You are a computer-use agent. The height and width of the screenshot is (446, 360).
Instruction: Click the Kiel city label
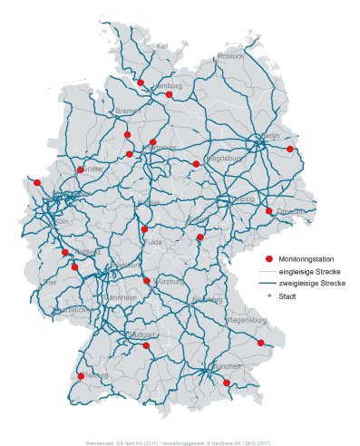(162, 45)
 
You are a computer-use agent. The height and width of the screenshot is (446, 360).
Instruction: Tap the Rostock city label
(231, 56)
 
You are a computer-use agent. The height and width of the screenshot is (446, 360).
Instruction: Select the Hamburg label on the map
(167, 86)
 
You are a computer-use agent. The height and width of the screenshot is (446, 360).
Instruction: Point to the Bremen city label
(128, 111)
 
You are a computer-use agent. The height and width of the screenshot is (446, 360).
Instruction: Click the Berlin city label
(270, 137)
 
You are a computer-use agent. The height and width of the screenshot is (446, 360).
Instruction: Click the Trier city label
(49, 282)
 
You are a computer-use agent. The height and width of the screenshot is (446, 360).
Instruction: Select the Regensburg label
(248, 320)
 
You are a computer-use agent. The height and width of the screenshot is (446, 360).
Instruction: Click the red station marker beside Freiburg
(81, 376)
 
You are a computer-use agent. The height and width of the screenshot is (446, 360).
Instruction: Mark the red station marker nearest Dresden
(268, 211)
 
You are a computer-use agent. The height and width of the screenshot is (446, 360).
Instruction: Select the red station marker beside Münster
(81, 170)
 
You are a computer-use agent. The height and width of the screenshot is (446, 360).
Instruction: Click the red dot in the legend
(268, 259)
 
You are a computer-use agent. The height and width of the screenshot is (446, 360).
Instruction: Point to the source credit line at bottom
(179, 441)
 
